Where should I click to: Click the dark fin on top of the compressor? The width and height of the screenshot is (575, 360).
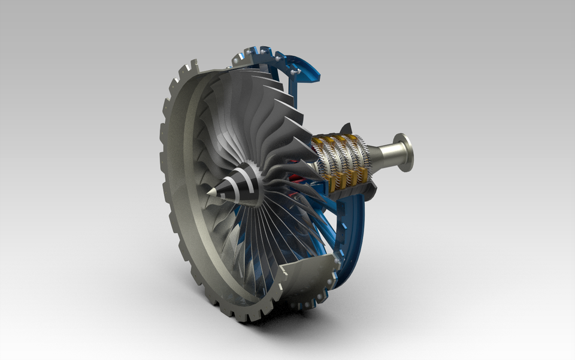tap(346, 129)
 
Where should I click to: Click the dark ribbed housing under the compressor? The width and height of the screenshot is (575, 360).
tap(353, 192)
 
